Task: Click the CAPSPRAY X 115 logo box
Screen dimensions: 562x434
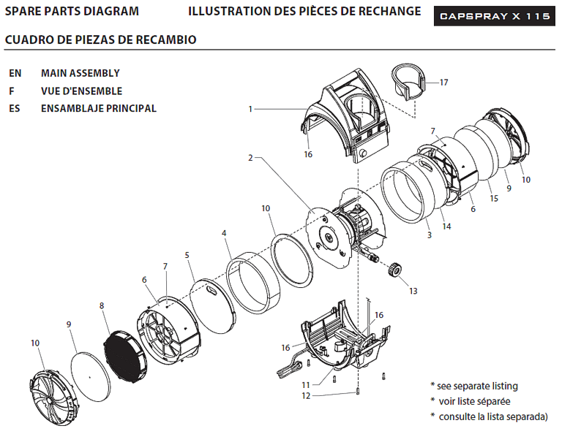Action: click(x=495, y=16)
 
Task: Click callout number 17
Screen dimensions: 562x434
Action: click(x=443, y=83)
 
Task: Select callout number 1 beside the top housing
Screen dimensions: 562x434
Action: click(x=250, y=109)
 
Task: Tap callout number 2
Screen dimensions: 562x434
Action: click(x=250, y=157)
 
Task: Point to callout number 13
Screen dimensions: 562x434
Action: click(x=413, y=291)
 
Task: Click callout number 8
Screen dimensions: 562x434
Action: click(x=102, y=305)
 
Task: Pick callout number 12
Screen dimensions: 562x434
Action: click(x=306, y=396)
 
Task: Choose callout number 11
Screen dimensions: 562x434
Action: click(x=305, y=385)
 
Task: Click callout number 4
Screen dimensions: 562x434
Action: click(x=224, y=233)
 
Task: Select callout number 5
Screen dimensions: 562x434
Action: click(x=187, y=255)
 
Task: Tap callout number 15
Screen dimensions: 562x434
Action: click(x=494, y=198)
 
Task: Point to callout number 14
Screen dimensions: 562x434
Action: click(x=446, y=226)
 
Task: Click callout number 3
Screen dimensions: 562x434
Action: click(x=430, y=235)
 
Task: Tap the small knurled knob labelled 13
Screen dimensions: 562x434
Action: click(x=394, y=269)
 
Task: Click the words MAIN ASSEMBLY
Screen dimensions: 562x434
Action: click(x=80, y=73)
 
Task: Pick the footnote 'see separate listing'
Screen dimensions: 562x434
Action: click(x=477, y=386)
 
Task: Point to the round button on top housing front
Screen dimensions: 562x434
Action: click(x=362, y=153)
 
